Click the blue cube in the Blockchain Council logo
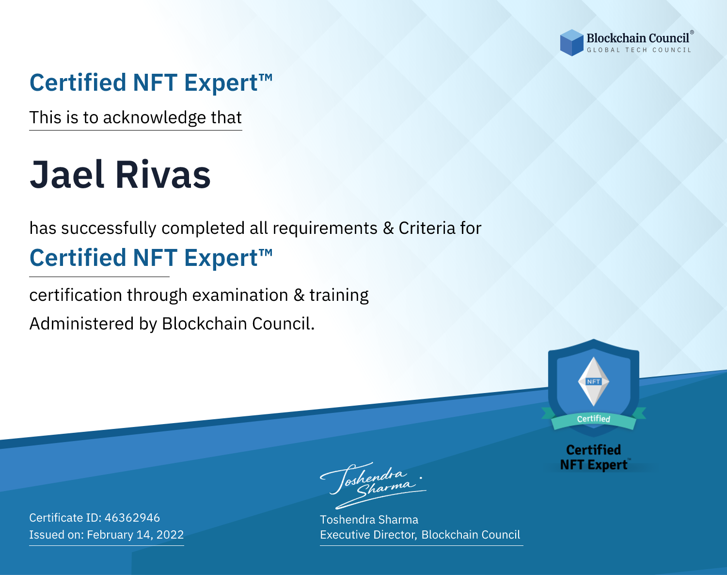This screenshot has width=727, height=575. [x=571, y=43]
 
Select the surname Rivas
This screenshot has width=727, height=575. [x=163, y=175]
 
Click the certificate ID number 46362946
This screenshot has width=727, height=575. [x=132, y=517]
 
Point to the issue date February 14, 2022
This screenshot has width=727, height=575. [x=135, y=535]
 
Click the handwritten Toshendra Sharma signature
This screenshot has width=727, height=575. [x=373, y=486]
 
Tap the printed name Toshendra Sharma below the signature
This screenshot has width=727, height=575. [x=369, y=520]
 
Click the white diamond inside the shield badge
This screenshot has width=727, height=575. [x=594, y=381]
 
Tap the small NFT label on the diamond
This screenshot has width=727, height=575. [x=594, y=381]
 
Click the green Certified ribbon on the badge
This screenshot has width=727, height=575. [x=594, y=419]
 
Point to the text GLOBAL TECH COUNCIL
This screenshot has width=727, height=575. [x=639, y=50]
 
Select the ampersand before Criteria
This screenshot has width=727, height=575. [x=388, y=228]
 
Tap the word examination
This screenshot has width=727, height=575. [x=240, y=295]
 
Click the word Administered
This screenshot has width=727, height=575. [x=81, y=324]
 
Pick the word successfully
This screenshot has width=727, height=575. [x=109, y=229]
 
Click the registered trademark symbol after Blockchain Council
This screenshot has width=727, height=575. [x=692, y=32]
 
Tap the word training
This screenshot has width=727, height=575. [x=339, y=296]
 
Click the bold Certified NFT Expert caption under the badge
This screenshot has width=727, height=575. [x=594, y=458]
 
